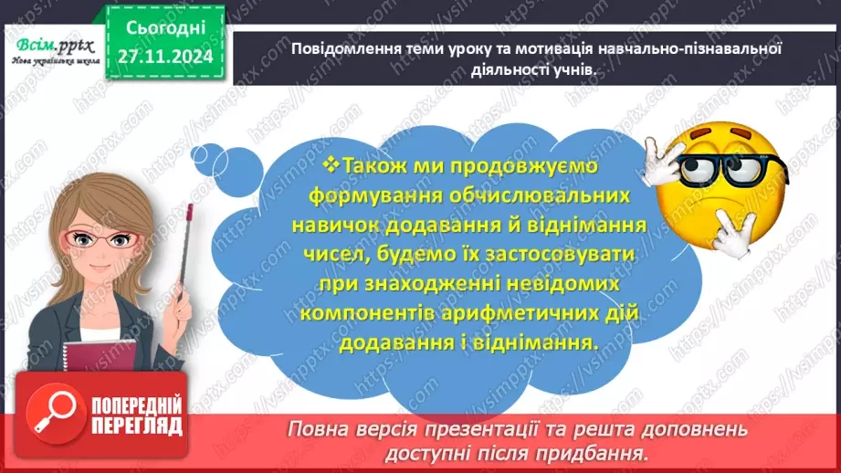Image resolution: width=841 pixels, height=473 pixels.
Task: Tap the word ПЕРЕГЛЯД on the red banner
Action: [137, 426]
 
